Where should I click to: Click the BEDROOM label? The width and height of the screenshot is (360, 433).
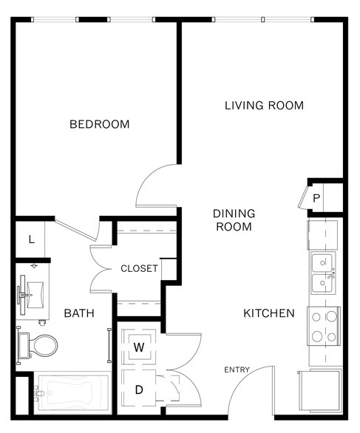100,124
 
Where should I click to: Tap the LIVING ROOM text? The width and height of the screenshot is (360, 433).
264,106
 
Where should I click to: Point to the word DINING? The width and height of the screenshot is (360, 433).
234,214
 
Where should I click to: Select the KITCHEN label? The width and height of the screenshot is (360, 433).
269,313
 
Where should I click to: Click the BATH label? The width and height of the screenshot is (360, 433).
79,313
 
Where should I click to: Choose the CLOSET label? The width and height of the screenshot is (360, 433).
139,268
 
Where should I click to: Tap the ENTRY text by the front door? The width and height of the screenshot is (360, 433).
237,369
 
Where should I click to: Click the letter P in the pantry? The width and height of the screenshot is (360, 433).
316,198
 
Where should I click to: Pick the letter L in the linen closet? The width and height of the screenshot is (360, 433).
32,239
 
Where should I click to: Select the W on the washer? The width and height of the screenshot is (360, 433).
139,347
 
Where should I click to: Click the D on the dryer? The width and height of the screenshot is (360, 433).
139,390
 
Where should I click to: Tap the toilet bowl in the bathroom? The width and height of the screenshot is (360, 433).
45,346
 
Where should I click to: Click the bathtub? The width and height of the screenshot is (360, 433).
72,393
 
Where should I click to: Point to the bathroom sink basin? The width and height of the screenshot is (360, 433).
35,295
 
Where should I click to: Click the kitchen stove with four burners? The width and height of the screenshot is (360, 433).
324,326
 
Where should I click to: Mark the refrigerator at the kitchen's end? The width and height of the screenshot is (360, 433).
320,392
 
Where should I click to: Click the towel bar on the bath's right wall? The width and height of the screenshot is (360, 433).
109,345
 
